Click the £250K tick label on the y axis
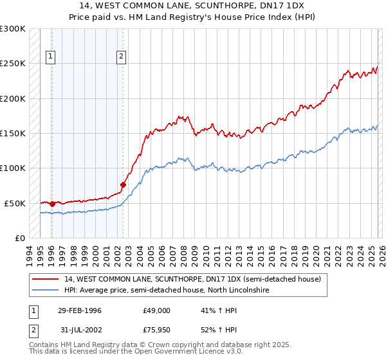click(13, 64)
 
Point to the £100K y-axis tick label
click(13, 168)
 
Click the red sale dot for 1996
click(52, 204)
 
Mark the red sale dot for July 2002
click(123, 185)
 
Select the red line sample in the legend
click(46, 279)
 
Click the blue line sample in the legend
click(46, 291)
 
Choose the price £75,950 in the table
click(156, 332)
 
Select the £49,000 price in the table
click(156, 310)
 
